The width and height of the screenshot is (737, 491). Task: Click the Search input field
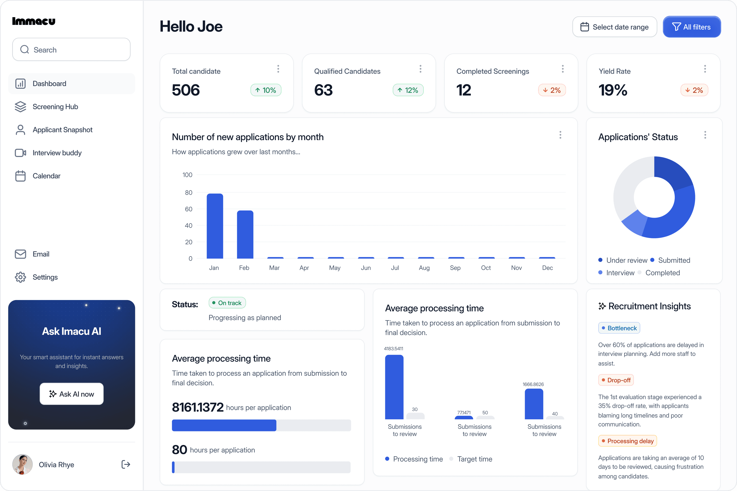(71, 49)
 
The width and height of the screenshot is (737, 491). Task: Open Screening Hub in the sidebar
(55, 107)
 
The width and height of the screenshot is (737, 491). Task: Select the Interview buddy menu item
(57, 153)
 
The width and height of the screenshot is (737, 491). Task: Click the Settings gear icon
(20, 277)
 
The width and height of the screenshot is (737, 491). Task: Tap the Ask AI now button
(72, 394)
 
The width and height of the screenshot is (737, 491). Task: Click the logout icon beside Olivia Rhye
(125, 464)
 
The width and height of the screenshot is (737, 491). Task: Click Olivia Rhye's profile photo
(22, 464)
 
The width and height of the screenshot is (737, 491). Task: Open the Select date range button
(615, 27)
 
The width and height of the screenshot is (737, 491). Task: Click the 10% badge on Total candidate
(266, 90)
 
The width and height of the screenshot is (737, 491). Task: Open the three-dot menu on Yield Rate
(705, 69)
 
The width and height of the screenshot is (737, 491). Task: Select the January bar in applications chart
(215, 226)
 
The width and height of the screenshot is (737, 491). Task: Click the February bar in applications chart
(245, 235)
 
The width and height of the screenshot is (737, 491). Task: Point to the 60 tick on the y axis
(188, 209)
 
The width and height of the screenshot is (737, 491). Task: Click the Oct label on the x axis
(486, 268)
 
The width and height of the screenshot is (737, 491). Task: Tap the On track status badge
(227, 303)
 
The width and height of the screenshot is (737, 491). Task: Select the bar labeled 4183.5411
(394, 387)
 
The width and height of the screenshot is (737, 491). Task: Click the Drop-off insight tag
(616, 380)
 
